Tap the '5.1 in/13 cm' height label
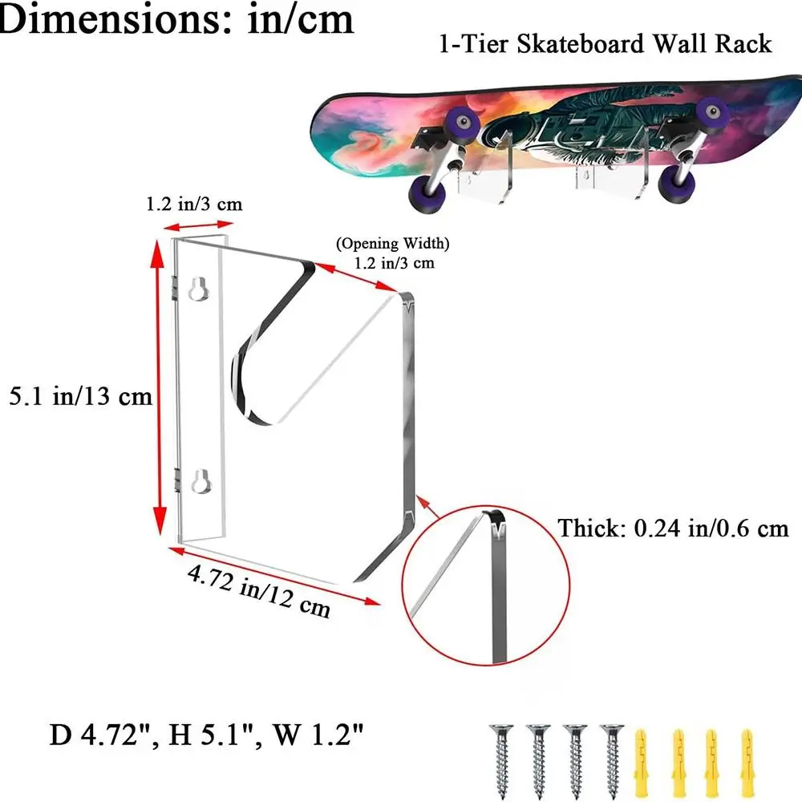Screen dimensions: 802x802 pos(79,396)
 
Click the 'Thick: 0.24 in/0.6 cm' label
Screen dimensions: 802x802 pos(674,529)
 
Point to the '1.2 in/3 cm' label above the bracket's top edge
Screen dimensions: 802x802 pos(194,205)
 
